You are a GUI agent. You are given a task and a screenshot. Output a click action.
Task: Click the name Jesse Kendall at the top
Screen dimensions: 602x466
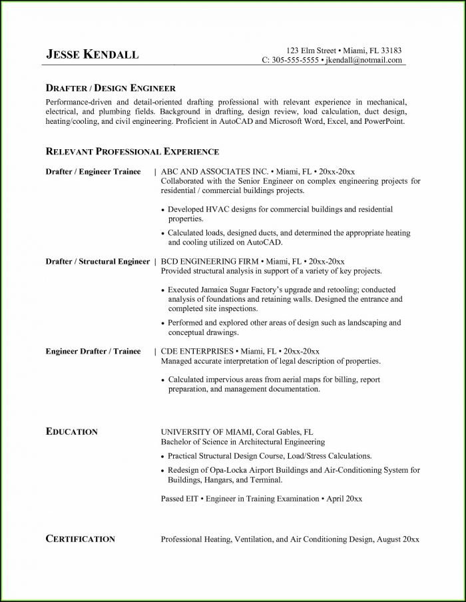(x=93, y=55)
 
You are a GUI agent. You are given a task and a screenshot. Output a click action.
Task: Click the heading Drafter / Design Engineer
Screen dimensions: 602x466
(x=111, y=88)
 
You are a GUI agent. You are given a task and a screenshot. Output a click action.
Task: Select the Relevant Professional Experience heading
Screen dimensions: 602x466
(x=132, y=152)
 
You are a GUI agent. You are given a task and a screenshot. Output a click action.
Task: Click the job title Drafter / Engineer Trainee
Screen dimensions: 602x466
(x=93, y=172)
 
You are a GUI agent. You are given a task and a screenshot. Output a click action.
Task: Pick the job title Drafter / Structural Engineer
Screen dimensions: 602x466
(x=97, y=262)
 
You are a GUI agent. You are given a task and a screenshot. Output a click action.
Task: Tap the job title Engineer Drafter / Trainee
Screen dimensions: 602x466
(x=93, y=351)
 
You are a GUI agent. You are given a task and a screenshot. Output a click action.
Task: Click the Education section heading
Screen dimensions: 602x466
(x=71, y=432)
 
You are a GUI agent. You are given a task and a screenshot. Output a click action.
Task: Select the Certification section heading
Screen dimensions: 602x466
(x=80, y=539)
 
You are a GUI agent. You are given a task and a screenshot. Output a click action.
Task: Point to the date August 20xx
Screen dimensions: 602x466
(x=397, y=539)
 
